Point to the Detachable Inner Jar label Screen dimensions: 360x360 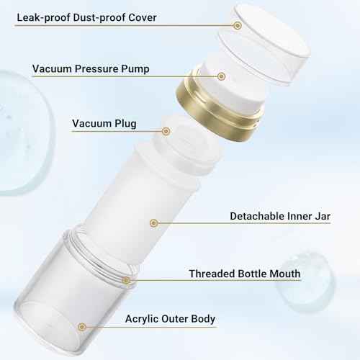tap(279, 216)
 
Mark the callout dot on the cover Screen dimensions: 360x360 tap(238, 25)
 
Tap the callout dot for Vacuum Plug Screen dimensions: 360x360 tap(166, 131)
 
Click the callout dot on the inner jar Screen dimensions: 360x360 tap(153, 223)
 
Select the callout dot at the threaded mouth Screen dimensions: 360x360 tap(125, 279)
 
